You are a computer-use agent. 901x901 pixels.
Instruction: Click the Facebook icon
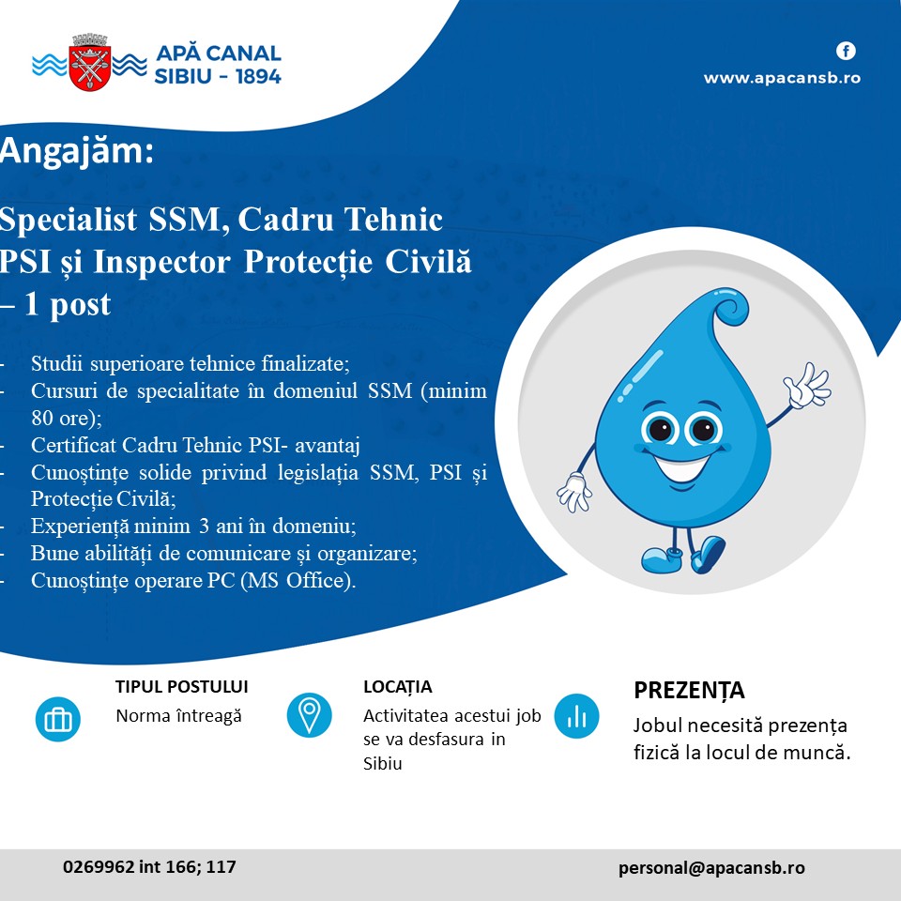point(846,51)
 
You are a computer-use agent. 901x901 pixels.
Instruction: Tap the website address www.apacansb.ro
point(782,78)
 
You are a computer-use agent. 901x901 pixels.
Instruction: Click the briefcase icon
point(57,719)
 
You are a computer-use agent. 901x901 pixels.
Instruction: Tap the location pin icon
point(309,715)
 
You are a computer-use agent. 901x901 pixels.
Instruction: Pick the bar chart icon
point(576,716)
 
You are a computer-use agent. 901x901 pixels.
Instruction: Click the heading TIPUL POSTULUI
point(181,687)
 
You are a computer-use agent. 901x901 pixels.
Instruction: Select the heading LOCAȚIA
point(398,687)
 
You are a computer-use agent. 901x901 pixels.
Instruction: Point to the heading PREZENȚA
point(689,691)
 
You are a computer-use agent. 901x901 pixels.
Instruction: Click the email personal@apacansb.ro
point(711,867)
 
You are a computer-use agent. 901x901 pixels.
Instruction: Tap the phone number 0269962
point(99,866)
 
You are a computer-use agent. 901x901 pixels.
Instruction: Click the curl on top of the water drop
point(730,306)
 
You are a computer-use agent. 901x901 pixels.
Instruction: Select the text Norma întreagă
point(178,716)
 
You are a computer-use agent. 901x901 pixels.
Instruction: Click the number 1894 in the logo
point(258,76)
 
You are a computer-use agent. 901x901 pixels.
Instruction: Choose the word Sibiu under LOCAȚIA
point(383,764)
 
